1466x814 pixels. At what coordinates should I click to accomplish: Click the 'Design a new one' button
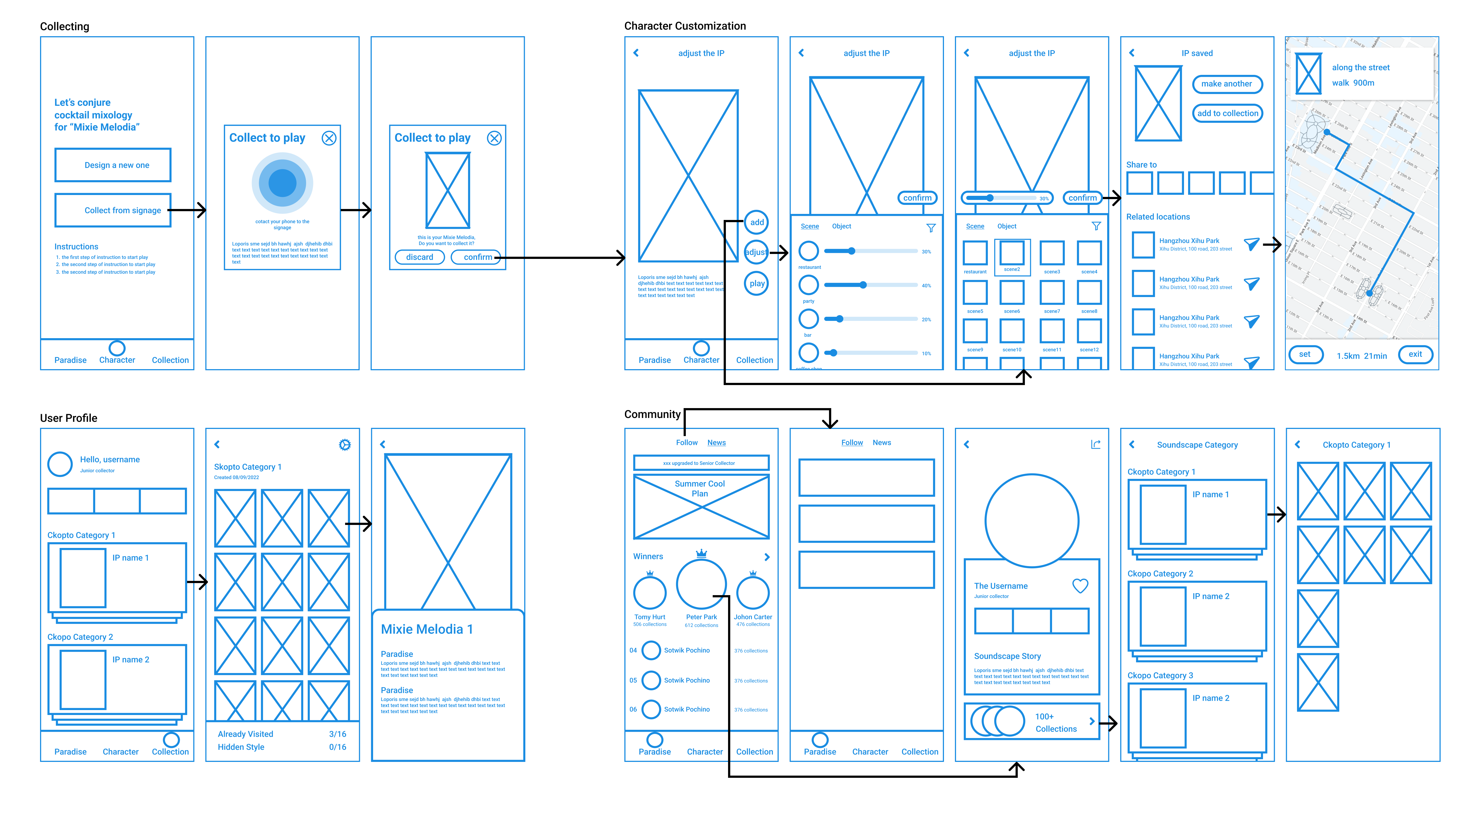pos(113,165)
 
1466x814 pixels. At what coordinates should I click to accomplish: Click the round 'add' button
pos(756,222)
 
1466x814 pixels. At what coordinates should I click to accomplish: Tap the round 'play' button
pos(756,283)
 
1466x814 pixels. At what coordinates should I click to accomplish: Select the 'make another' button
pos(1227,84)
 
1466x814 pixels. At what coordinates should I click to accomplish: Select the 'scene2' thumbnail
pos(1012,254)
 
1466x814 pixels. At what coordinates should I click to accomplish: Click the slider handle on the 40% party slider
pos(863,285)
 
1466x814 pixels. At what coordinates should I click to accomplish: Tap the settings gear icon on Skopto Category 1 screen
pos(344,445)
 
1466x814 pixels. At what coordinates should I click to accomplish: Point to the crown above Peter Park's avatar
pos(701,553)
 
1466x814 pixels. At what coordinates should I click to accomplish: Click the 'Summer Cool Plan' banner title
pos(700,488)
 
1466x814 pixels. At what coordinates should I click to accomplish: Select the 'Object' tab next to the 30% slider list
pos(841,226)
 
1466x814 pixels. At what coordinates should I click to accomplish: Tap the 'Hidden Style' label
pos(241,747)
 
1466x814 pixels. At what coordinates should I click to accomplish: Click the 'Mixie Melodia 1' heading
pos(427,629)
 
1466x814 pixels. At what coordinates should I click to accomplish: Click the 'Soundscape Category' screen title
pos(1197,445)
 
